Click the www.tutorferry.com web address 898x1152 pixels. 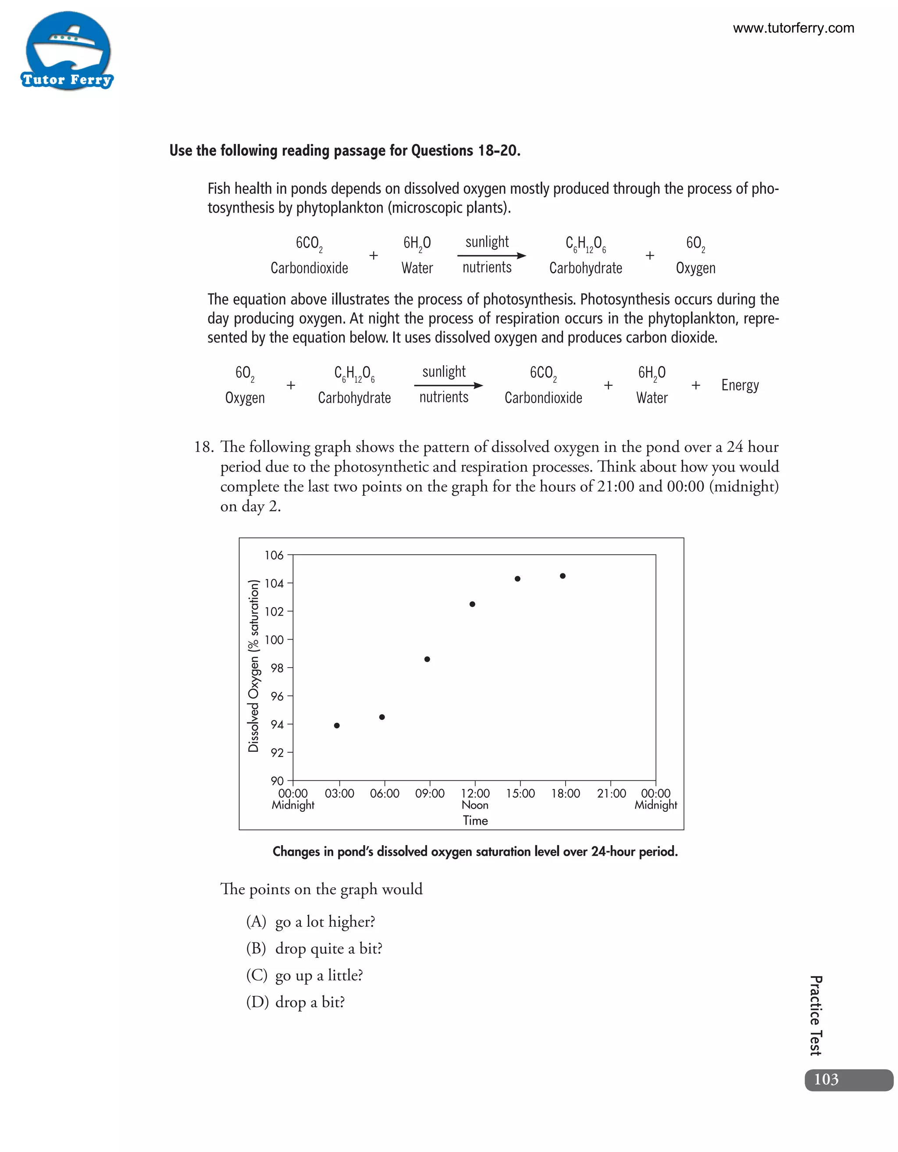793,28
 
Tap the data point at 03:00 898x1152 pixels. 337,725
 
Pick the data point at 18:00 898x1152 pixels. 563,576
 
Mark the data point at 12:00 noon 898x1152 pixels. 472,604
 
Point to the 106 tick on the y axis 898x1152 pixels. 274,555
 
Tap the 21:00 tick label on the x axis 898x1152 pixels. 611,793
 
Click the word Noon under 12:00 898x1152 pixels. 475,805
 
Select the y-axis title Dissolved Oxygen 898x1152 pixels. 254,666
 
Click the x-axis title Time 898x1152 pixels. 475,820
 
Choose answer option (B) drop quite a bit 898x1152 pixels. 314,948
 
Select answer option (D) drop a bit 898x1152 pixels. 296,1002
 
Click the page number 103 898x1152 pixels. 826,1079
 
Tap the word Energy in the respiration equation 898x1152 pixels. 740,385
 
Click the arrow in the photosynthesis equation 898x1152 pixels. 491,255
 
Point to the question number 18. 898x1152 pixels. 203,447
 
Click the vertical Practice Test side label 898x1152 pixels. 815,1015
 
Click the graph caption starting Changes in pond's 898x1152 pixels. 475,851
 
